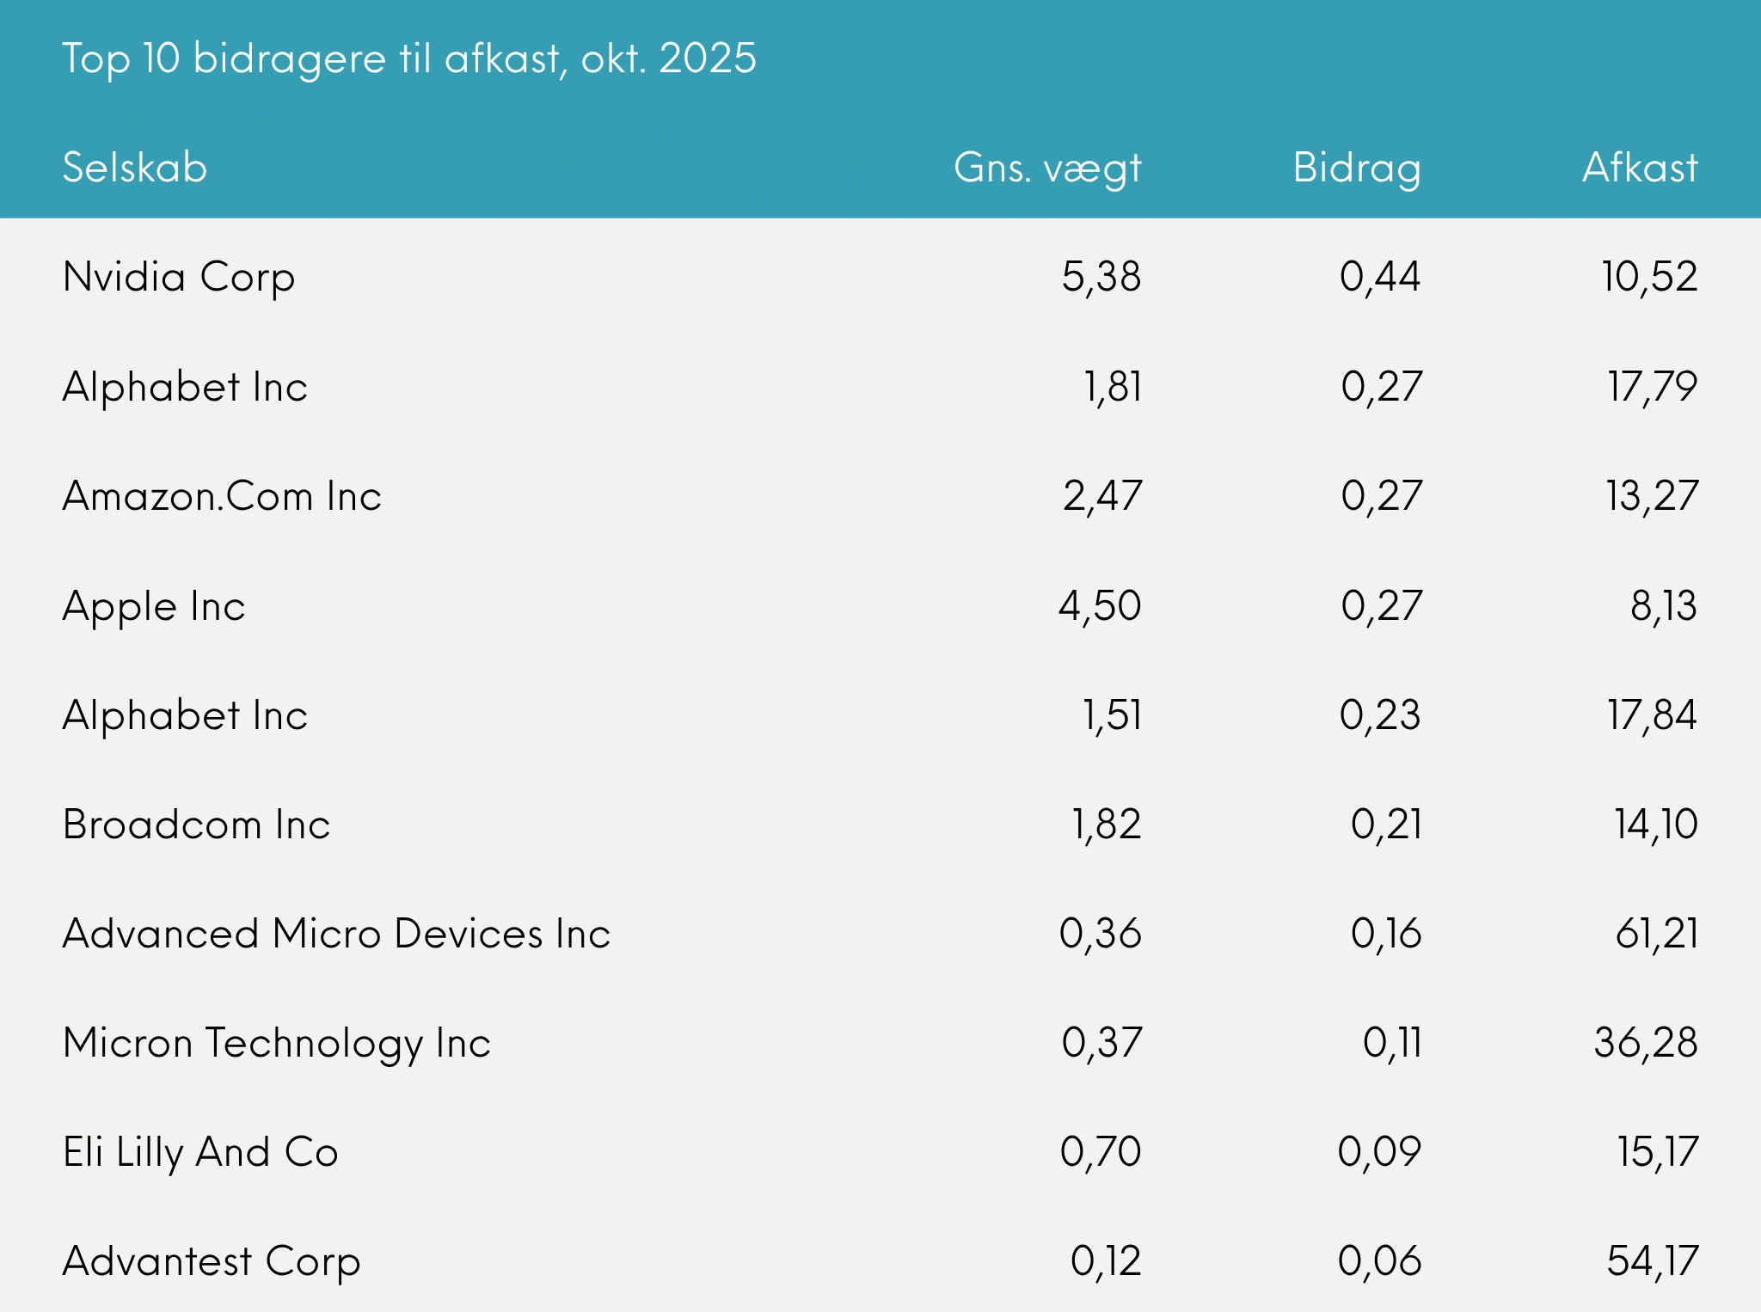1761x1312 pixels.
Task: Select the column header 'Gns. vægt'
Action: (1046, 168)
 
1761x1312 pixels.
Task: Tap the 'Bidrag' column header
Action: (1356, 168)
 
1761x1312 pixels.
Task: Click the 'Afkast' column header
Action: (1640, 168)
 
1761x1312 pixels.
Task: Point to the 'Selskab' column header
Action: (135, 168)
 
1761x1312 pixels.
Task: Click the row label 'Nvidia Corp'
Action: (179, 278)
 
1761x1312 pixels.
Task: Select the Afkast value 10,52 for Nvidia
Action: (1649, 277)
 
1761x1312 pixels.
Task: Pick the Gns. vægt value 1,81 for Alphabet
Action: (1113, 387)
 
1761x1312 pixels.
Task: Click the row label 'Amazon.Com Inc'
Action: (222, 497)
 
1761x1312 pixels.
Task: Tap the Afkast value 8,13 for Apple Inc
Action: (1663, 606)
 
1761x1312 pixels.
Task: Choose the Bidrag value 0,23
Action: (1380, 715)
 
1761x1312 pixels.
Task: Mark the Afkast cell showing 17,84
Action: (1652, 715)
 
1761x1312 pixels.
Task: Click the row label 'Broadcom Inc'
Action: (196, 825)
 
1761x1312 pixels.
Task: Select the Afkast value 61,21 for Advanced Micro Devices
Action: (1656, 934)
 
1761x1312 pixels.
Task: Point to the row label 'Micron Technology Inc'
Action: (276, 1044)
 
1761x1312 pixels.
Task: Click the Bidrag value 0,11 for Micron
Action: (1392, 1043)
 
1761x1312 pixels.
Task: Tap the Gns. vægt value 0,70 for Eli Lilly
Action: (1101, 1152)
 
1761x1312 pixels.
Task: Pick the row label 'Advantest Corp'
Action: (212, 1262)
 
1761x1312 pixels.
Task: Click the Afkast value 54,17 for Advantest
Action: (1652, 1261)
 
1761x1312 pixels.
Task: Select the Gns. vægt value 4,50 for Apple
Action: (1100, 606)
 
